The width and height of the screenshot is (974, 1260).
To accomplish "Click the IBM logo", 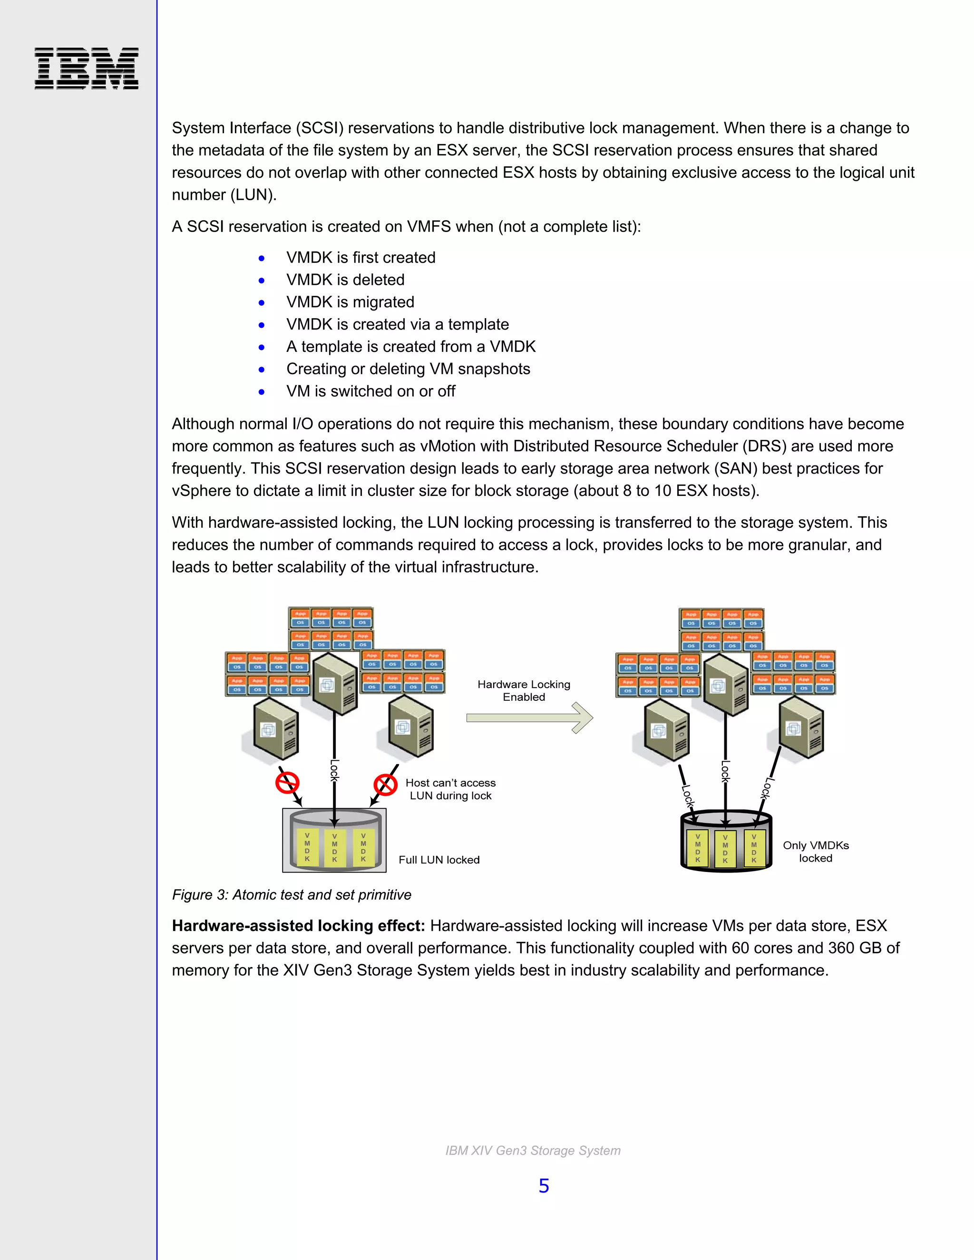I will (x=87, y=68).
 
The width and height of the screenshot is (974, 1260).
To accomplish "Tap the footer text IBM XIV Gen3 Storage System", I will (x=533, y=1150).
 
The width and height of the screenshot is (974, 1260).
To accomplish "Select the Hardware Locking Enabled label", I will (x=523, y=690).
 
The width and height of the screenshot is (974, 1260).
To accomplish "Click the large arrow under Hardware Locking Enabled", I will (x=529, y=717).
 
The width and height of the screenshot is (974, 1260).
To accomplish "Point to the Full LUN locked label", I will (x=438, y=860).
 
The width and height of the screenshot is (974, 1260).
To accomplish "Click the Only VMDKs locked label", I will (x=815, y=852).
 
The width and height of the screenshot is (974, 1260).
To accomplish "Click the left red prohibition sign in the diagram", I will (x=287, y=783).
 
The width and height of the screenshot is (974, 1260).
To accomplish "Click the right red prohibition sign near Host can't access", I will (x=385, y=785).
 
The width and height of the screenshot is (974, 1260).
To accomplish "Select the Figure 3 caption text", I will (x=292, y=895).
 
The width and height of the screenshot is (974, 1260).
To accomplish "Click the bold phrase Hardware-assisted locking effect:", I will (x=298, y=926).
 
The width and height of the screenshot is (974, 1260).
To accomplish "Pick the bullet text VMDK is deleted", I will (x=345, y=280).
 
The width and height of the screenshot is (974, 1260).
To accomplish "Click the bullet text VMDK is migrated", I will (x=350, y=302).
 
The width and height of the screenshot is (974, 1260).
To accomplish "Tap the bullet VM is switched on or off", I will (x=370, y=391).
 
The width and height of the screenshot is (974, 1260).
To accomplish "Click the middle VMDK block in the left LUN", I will (x=335, y=847).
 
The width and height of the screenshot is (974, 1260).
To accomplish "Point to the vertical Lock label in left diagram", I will (x=334, y=770).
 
